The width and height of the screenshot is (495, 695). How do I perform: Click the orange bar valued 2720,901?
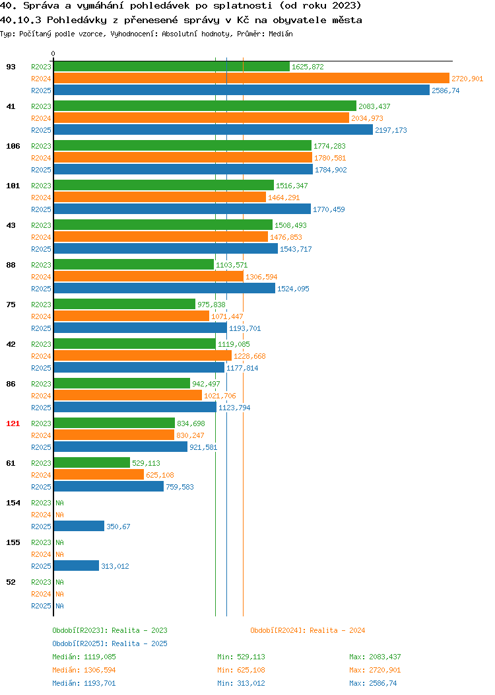(x=251, y=79)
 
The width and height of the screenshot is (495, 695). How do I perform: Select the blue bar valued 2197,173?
(x=213, y=130)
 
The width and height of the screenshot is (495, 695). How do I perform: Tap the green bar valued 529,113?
(x=92, y=462)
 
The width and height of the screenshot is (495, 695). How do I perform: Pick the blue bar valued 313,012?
(x=77, y=566)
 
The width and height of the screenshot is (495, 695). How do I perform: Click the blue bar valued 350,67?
(x=79, y=526)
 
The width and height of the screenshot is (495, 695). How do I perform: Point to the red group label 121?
(x=13, y=423)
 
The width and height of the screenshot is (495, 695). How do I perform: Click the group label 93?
(x=11, y=67)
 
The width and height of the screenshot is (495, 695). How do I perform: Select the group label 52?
(x=11, y=582)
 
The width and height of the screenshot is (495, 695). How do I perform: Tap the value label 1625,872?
(x=308, y=67)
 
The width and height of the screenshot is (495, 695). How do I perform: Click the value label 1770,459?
(x=329, y=209)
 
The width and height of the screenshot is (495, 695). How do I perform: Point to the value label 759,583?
(x=180, y=487)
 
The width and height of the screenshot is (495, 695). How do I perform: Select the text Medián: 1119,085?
(x=84, y=657)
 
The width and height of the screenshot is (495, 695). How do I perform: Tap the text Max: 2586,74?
(x=374, y=683)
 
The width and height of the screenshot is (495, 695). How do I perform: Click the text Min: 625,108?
(x=242, y=670)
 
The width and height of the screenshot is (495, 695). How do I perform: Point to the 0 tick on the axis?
(x=53, y=54)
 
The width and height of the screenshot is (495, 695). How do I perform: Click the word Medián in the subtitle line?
(x=280, y=34)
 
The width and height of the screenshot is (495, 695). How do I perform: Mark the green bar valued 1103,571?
(x=134, y=265)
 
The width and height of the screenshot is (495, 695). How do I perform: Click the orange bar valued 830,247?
(x=114, y=435)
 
